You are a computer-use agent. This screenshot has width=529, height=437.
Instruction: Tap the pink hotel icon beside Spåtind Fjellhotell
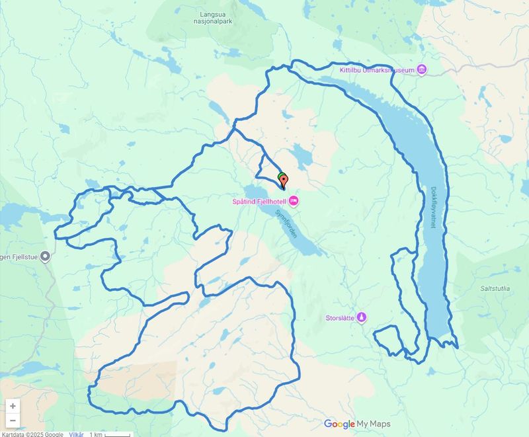[x=294, y=200]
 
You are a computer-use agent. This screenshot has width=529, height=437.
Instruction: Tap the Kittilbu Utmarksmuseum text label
[x=376, y=70]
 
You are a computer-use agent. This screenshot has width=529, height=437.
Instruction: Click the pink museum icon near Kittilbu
[x=422, y=70]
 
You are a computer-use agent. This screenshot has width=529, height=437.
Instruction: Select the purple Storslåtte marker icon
[x=362, y=317]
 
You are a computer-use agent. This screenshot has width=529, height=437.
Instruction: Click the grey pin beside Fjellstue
[x=45, y=256]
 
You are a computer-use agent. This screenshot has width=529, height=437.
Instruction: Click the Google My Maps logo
[x=356, y=424]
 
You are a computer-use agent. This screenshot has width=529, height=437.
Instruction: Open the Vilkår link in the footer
[x=76, y=434]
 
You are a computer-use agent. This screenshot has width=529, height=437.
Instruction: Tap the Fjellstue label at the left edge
[x=19, y=256]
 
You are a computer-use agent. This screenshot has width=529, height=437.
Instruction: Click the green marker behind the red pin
[x=282, y=177]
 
